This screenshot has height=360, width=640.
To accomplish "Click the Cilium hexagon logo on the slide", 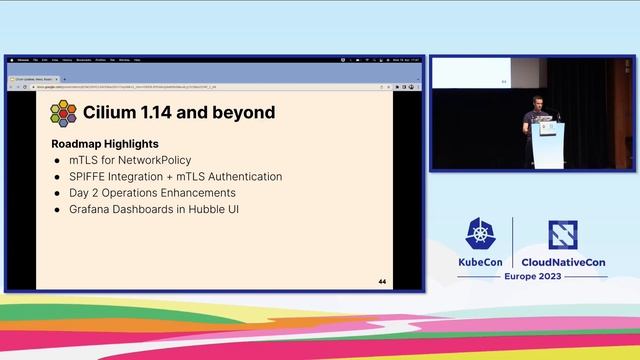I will click(64, 113).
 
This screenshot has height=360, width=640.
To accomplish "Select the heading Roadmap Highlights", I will click(105, 144).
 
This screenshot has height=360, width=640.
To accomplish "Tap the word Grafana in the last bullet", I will click(92, 209).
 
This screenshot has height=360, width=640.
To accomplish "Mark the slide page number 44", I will click(382, 282).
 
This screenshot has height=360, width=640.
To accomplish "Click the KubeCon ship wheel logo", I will click(478, 234).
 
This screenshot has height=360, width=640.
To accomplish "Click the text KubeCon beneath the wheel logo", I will click(479, 261).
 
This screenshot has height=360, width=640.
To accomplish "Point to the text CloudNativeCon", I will click(565, 261).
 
